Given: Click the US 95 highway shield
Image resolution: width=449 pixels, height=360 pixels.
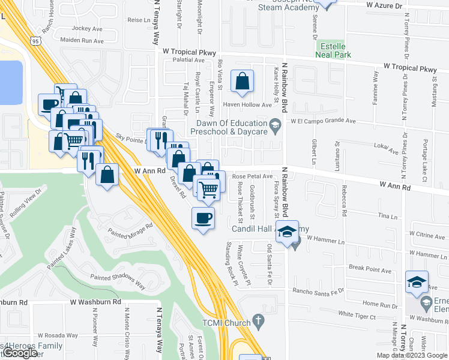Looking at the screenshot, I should (35, 41).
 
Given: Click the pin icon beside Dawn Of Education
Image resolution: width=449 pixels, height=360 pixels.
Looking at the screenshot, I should (276, 125).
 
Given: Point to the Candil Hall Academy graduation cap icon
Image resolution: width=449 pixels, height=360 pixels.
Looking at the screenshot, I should (288, 232).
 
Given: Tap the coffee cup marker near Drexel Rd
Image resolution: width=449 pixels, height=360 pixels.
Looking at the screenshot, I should (203, 218).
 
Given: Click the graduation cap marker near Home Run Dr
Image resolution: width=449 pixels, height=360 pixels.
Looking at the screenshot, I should (417, 281).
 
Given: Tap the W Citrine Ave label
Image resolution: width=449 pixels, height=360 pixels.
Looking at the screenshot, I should (427, 236).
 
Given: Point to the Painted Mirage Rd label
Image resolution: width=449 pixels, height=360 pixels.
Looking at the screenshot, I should (131, 230).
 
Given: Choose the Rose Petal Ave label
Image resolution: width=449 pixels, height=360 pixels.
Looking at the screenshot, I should (253, 176).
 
